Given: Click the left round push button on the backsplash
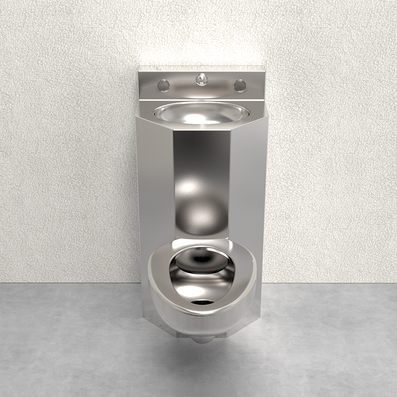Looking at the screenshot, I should point(163,85).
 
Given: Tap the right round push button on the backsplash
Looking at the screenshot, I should point(240,85).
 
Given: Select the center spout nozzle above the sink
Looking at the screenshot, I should point(201,79).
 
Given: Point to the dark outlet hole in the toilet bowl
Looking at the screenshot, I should point(202,302).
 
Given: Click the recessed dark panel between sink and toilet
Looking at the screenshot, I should point(201,164).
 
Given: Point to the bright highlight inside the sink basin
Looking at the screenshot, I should point(198,118).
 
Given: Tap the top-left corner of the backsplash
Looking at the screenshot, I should point(139,72).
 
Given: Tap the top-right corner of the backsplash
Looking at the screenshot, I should point(265,72).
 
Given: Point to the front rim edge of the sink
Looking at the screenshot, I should point(201,123).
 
